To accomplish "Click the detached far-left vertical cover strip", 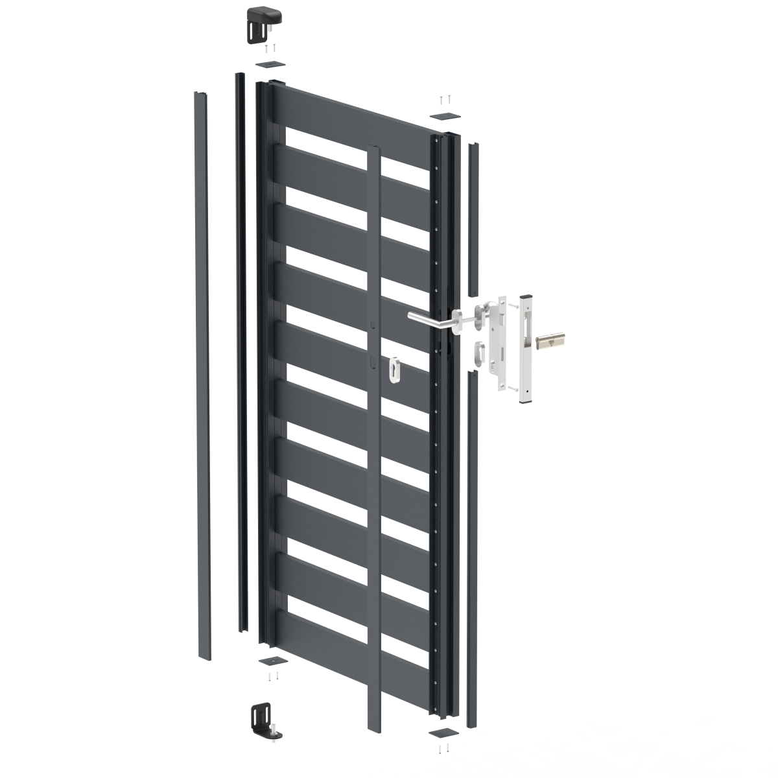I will point(202,376).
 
